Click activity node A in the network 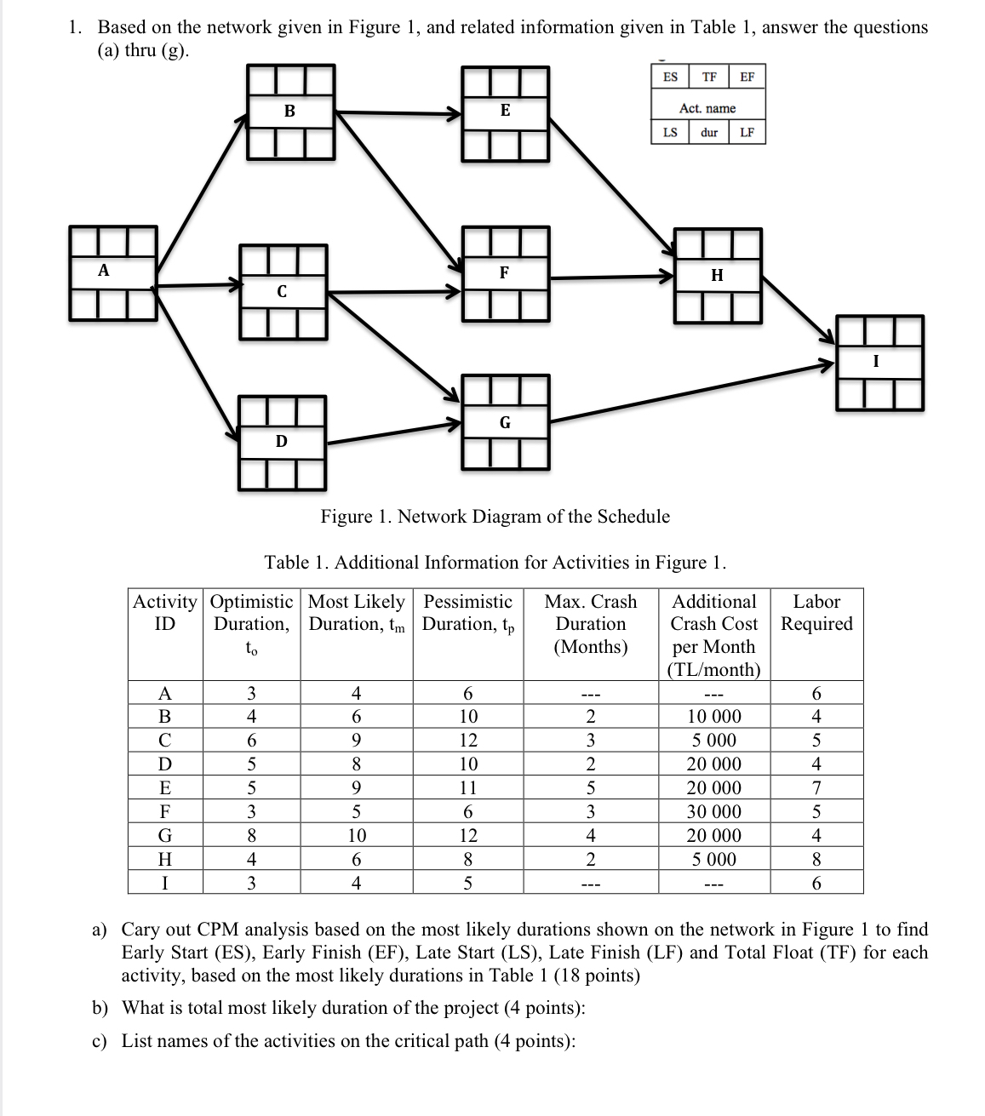(113, 272)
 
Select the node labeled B (289, 112)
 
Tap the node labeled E (505, 112)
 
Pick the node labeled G (505, 422)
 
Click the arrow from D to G (393, 432)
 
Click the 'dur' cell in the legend (709, 133)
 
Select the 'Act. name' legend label (708, 108)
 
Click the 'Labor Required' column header (816, 613)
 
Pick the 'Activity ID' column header (165, 613)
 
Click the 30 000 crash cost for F (714, 812)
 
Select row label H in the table (165, 860)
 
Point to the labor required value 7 (816, 788)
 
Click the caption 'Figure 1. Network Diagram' (495, 517)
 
